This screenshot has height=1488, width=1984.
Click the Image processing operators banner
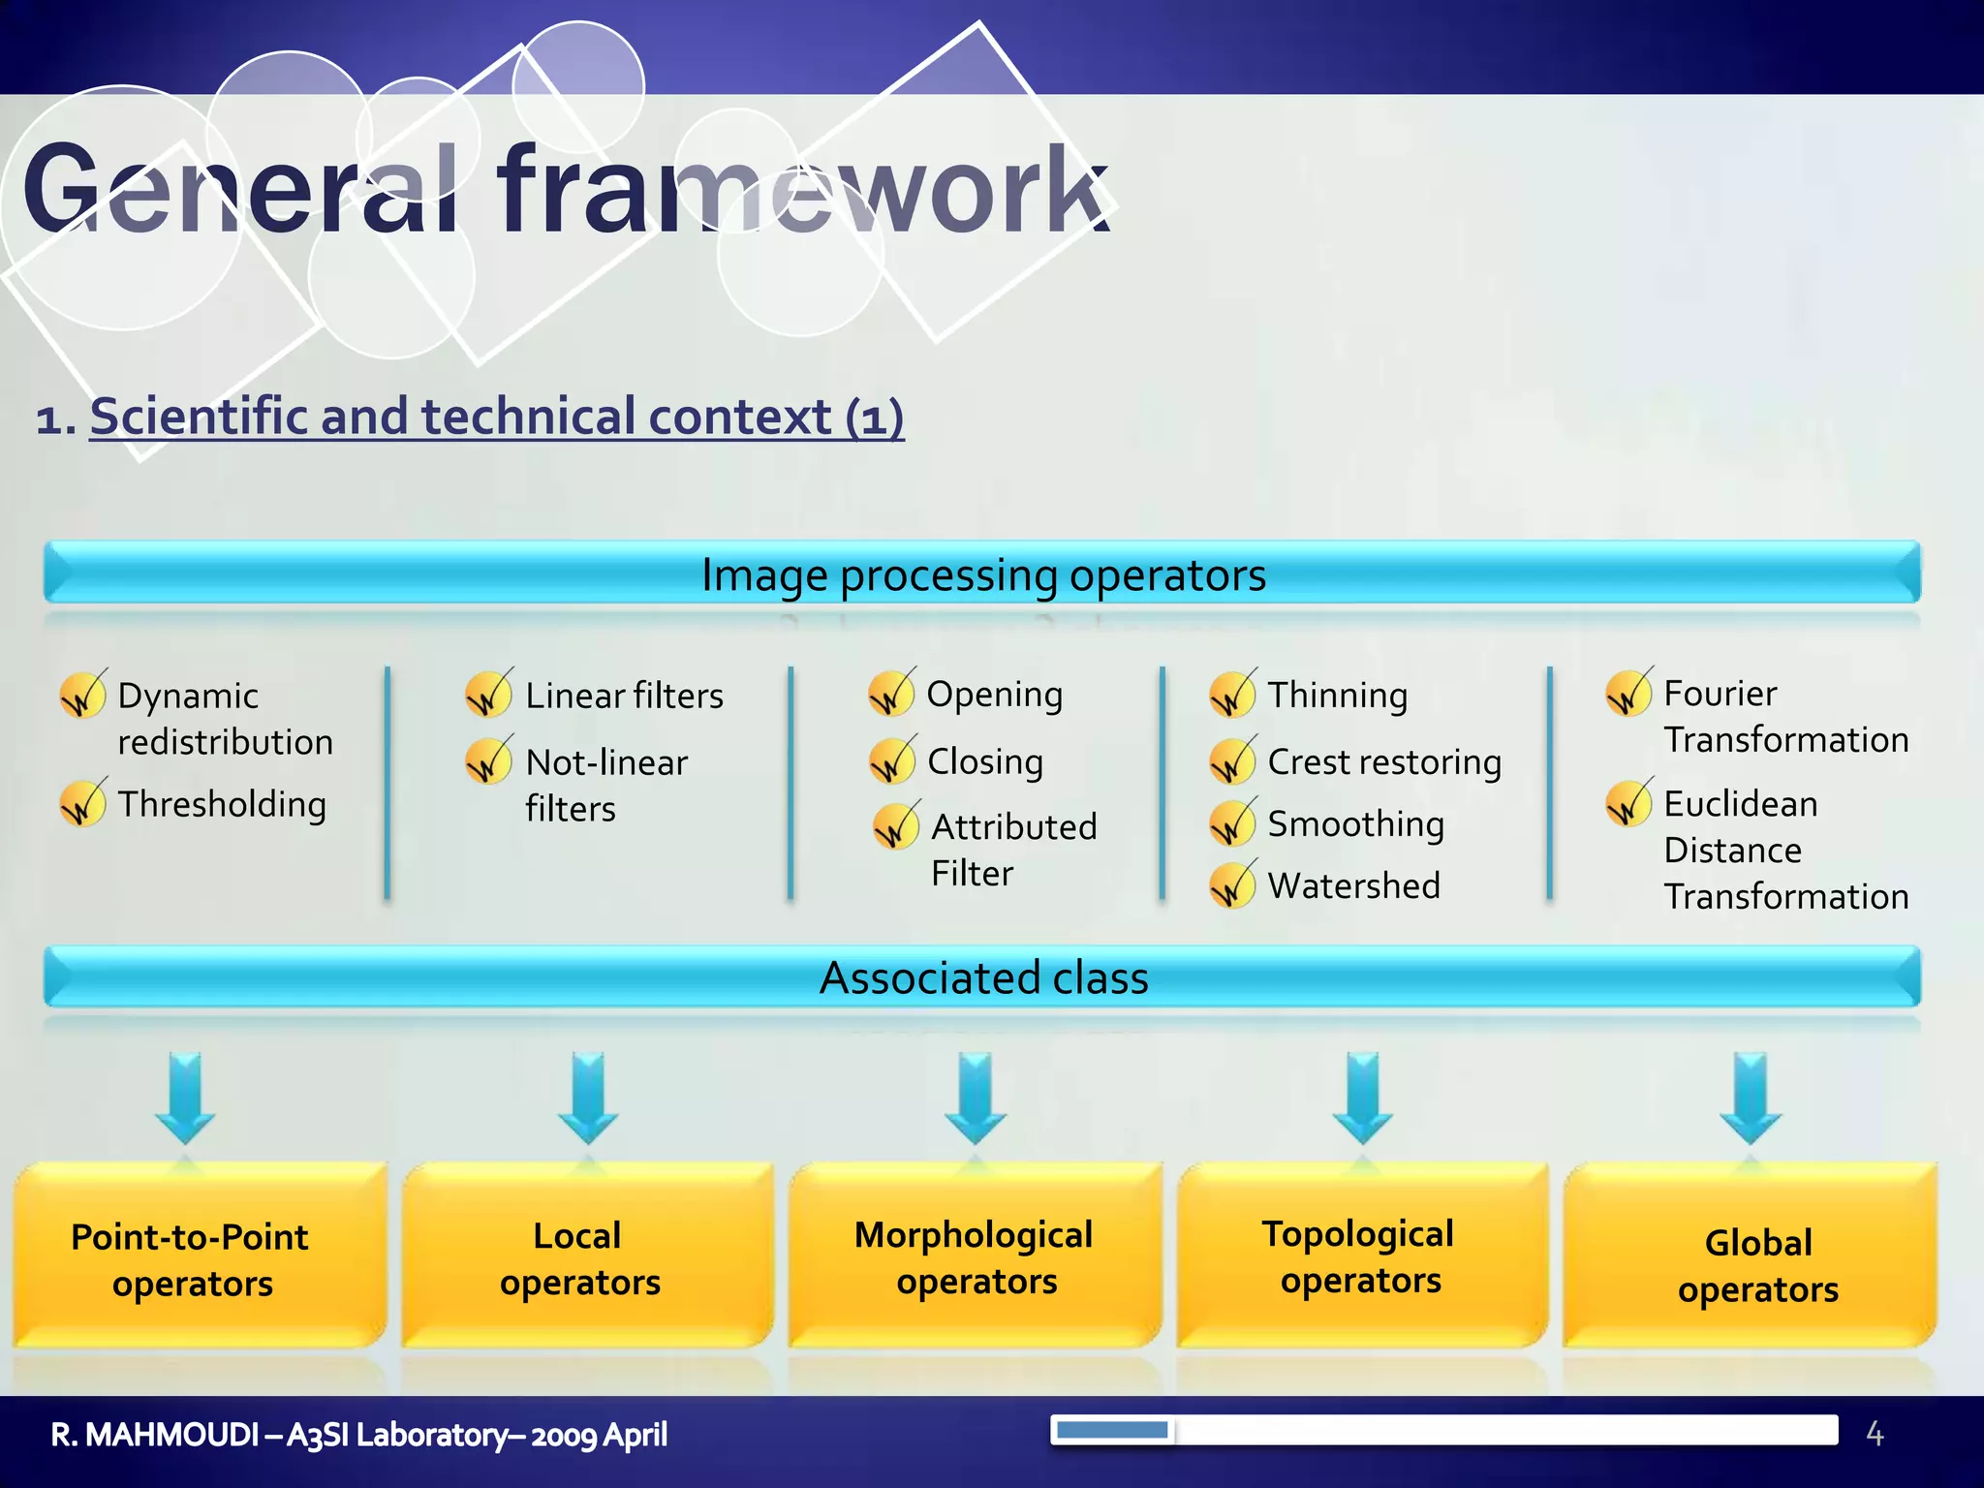coord(982,573)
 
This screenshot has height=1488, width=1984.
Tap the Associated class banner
coord(982,977)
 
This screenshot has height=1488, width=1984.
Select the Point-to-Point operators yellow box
coord(191,1258)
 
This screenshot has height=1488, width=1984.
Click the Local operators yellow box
coord(579,1258)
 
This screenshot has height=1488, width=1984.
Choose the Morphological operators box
coord(975,1257)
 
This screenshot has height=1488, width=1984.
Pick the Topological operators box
coord(1360,1256)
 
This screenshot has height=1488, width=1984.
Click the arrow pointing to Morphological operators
coord(975,1097)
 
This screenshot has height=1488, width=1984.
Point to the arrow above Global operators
coord(1750,1097)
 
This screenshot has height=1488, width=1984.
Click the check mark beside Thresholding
coord(82,804)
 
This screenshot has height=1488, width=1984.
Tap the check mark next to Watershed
coord(1232,885)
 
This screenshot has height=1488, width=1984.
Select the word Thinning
coord(1337,696)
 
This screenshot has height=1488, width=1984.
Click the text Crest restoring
coord(1383,762)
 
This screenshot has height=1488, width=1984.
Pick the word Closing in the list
coord(984,761)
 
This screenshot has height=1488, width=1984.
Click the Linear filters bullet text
coord(624,696)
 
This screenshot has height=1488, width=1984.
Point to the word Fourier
coord(1720,694)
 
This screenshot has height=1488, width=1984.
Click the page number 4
coord(1875,1434)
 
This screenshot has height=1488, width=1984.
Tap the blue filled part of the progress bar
coord(1111,1430)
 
